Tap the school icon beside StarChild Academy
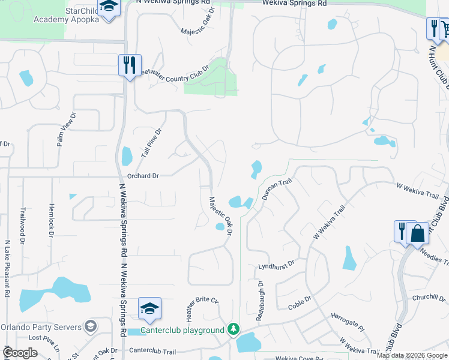pyautogui.click(x=108, y=7)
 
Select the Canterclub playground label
pyautogui.click(x=183, y=330)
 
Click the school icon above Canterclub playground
pyautogui.click(x=149, y=309)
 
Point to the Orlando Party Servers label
pyautogui.click(x=40, y=327)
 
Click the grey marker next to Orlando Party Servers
pyautogui.click(x=90, y=327)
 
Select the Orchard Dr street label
pyautogui.click(x=143, y=176)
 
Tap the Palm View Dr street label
pyautogui.click(x=67, y=129)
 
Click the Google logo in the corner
pyautogui.click(x=20, y=353)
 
